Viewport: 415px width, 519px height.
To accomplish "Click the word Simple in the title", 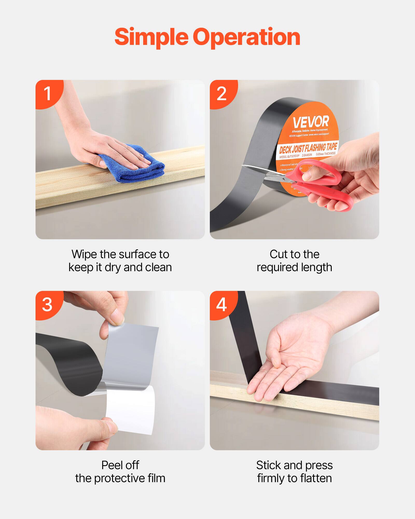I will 151,37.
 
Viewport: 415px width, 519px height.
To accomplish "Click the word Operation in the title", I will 246,37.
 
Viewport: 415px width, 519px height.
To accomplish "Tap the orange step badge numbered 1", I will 48,93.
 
